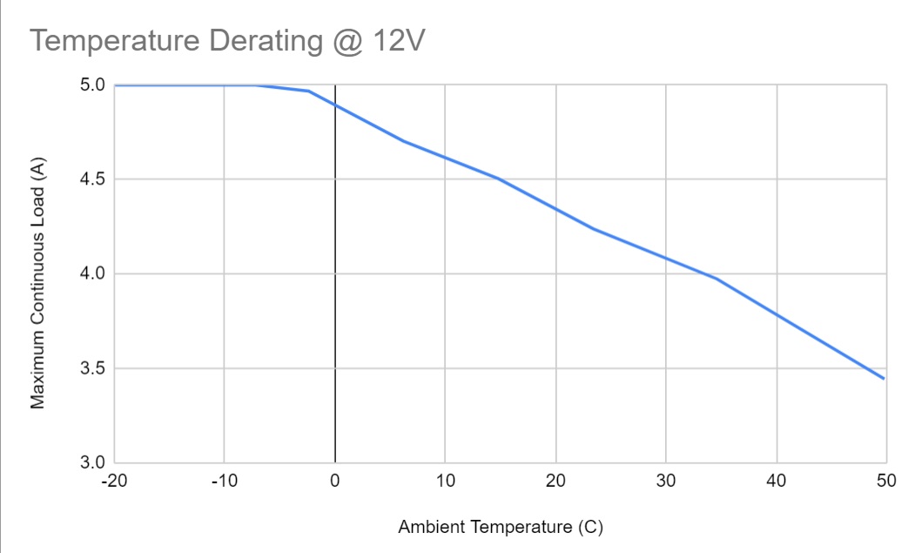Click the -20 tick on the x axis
(114, 481)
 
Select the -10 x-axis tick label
(224, 481)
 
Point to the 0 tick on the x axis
(335, 481)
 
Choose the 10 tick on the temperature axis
(445, 481)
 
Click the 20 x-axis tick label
(555, 481)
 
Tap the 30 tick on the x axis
(665, 481)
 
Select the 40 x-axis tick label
(776, 481)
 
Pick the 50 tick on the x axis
(885, 481)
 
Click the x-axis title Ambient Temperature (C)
(501, 527)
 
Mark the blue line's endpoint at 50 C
(884, 379)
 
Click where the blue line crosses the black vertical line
(335, 105)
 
